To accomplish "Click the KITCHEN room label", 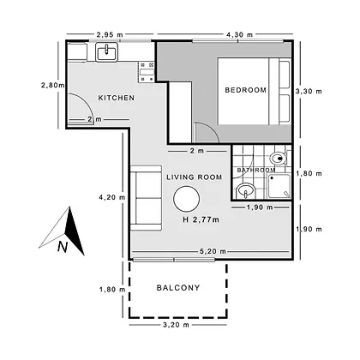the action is point(117,98).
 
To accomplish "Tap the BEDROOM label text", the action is point(246,90).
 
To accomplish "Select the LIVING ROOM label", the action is point(195,177).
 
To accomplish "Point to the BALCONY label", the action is point(178,287).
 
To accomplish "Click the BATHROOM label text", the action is point(256,170).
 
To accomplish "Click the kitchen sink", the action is point(106,52).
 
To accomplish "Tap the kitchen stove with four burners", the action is point(147,72).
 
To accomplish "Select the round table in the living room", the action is point(187,199).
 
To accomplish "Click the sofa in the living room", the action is point(146,198).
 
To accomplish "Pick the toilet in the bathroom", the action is point(279,158).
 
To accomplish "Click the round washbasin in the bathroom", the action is point(246,190).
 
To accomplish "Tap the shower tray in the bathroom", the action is point(279,186).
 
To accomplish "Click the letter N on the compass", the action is point(63,247).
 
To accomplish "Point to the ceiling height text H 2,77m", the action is point(201,219).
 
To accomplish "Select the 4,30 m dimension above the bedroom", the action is point(239,34).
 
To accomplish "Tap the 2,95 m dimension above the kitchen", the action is point(110,34).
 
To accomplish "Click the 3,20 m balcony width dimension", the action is point(176,325).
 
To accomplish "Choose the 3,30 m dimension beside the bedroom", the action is point(309,92).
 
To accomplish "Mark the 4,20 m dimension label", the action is point(112,197).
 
